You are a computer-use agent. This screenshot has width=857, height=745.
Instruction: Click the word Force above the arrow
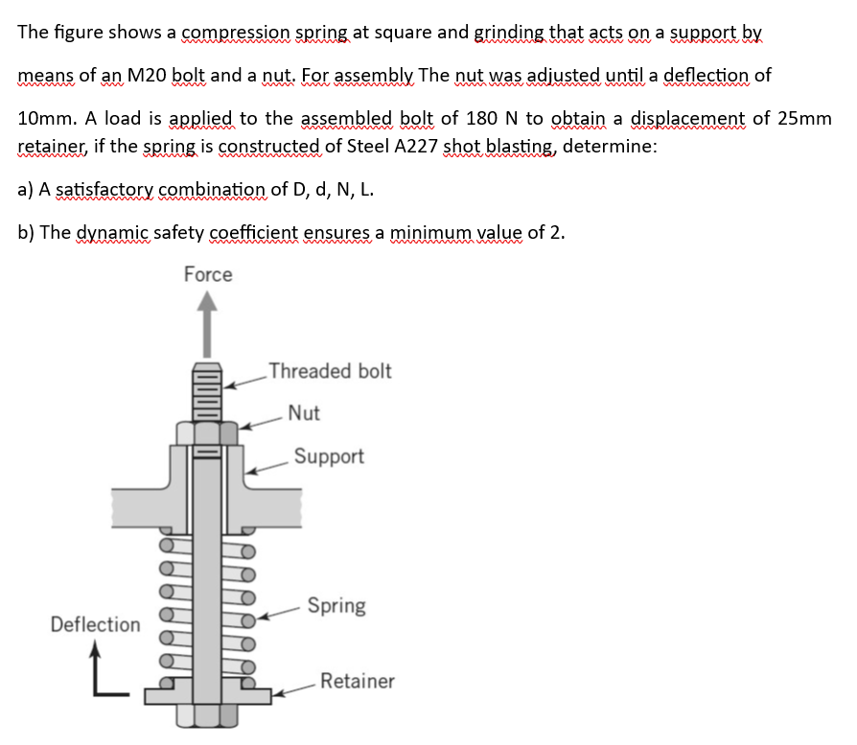tap(208, 275)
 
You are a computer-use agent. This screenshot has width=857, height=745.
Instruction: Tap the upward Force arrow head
tap(208, 304)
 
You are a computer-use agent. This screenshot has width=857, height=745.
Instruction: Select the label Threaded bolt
tap(330, 371)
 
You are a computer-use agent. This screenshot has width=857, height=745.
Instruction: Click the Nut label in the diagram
tap(304, 413)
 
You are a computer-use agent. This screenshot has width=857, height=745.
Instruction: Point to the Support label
tap(329, 456)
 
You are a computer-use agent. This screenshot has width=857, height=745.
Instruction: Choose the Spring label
tap(336, 606)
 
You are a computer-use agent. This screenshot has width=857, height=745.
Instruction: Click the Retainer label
tap(357, 682)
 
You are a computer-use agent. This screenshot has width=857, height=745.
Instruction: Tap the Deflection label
tap(95, 625)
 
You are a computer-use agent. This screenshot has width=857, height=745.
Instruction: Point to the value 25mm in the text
tap(804, 119)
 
